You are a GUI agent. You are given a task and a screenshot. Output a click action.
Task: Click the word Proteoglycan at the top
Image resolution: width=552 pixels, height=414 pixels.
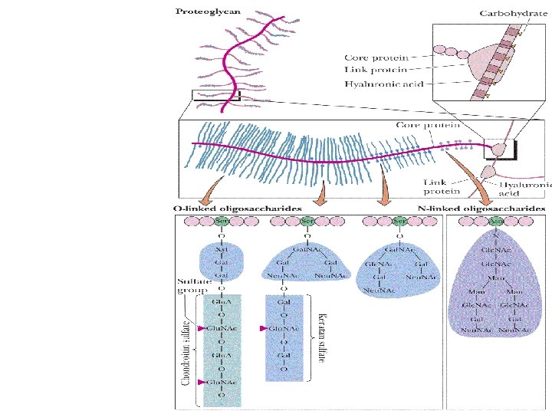click(x=208, y=11)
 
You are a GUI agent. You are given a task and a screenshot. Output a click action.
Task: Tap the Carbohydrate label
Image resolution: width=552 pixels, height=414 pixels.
click(x=508, y=13)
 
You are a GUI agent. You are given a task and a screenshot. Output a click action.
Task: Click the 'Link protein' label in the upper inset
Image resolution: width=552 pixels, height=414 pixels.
click(x=376, y=70)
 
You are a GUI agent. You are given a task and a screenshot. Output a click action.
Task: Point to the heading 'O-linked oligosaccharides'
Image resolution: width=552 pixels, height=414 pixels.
click(x=238, y=208)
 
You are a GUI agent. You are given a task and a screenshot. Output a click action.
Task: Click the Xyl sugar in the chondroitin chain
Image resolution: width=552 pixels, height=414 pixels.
click(x=222, y=250)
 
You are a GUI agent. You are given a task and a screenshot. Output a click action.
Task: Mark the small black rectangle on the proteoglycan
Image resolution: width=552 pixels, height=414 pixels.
click(x=217, y=96)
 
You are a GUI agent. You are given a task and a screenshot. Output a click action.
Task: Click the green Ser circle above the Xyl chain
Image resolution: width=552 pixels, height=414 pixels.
click(x=222, y=221)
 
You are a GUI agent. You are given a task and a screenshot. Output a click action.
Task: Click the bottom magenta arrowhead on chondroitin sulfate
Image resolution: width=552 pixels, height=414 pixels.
click(x=201, y=381)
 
